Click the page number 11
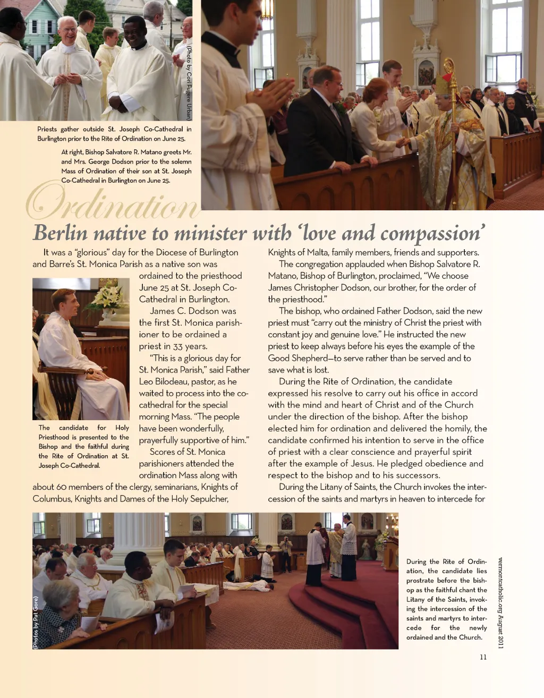[x=483, y=657]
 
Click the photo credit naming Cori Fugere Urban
[x=188, y=82]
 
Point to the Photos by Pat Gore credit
[x=36, y=623]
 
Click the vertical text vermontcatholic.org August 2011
[x=500, y=602]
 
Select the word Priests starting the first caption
[x=50, y=129]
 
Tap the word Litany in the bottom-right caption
[x=417, y=599]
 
